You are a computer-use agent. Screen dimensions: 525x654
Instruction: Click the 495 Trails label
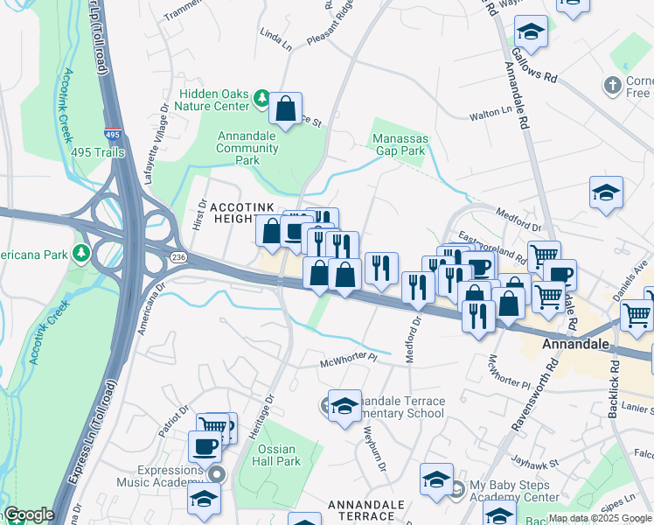pos(98,153)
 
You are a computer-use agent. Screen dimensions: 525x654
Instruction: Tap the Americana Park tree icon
pos(81,253)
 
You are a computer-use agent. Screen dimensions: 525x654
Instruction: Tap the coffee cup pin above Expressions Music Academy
pos(205,446)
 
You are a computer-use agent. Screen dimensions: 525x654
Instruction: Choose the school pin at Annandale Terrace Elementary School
pos(345,406)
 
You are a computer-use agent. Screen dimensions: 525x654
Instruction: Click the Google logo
pos(28,514)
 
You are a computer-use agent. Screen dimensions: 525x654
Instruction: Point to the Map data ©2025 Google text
pos(599,518)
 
